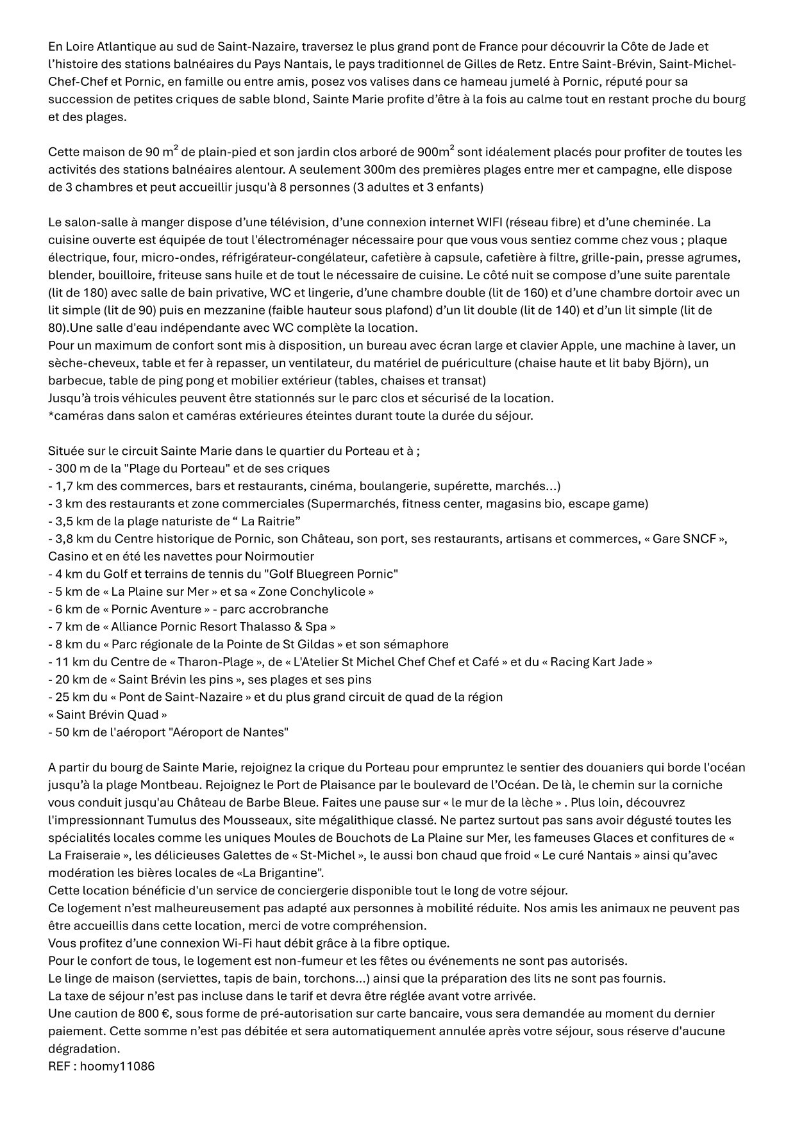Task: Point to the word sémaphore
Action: click(418, 644)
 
